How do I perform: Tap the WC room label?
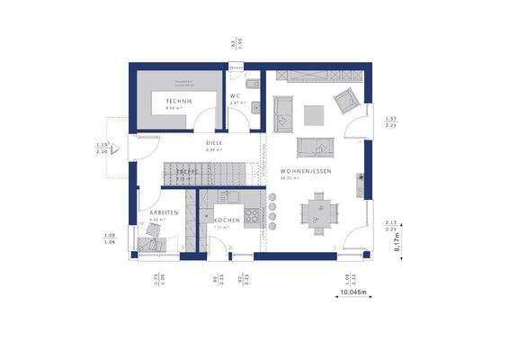235,95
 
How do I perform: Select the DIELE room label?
214,142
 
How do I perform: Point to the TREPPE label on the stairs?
186,171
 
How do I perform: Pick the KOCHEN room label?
226,220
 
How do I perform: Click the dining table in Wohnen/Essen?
319,213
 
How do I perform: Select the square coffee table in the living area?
313,114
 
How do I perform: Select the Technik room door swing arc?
207,120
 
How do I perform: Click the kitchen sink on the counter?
230,195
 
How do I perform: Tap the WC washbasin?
255,109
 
